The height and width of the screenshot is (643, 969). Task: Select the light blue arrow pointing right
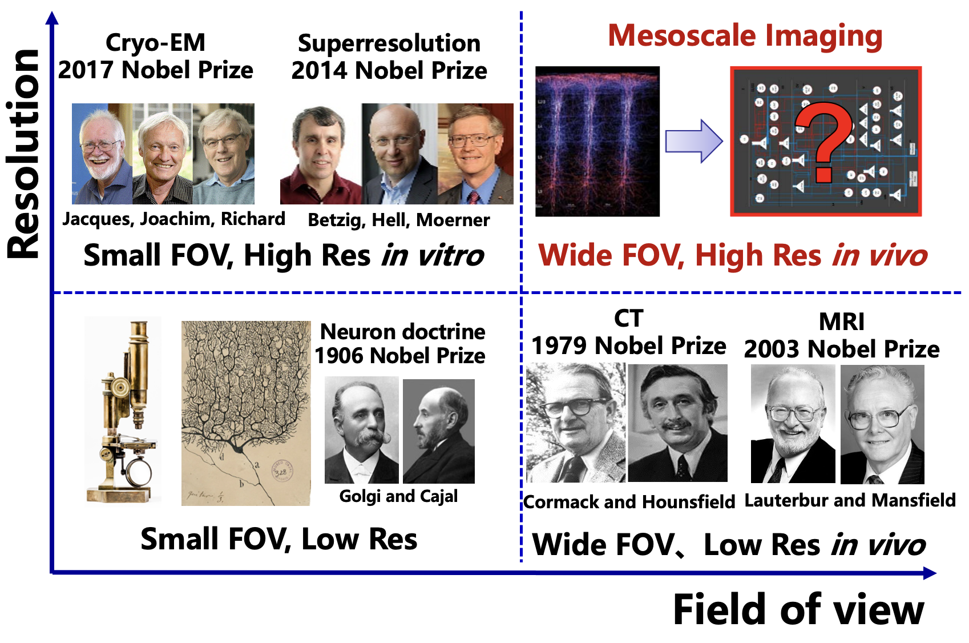693,141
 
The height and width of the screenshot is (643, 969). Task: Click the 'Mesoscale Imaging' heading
745,35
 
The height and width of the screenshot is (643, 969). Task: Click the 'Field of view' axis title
798,610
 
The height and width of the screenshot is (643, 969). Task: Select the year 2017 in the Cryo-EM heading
87,70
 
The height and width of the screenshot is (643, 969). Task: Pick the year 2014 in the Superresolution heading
320,71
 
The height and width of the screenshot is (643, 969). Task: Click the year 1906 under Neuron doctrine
340,356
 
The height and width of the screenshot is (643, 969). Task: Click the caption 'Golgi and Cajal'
398,496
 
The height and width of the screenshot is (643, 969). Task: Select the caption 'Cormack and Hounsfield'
629,502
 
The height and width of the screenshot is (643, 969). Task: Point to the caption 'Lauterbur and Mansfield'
850,500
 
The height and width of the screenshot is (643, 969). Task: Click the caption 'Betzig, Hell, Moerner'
398,220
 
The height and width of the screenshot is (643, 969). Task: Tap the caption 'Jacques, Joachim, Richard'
173,219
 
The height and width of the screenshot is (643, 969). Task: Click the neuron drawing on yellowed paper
246,413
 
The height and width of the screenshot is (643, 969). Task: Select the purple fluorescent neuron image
597,141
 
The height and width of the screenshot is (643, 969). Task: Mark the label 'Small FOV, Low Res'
278,539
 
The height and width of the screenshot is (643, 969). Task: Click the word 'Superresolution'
389,43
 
